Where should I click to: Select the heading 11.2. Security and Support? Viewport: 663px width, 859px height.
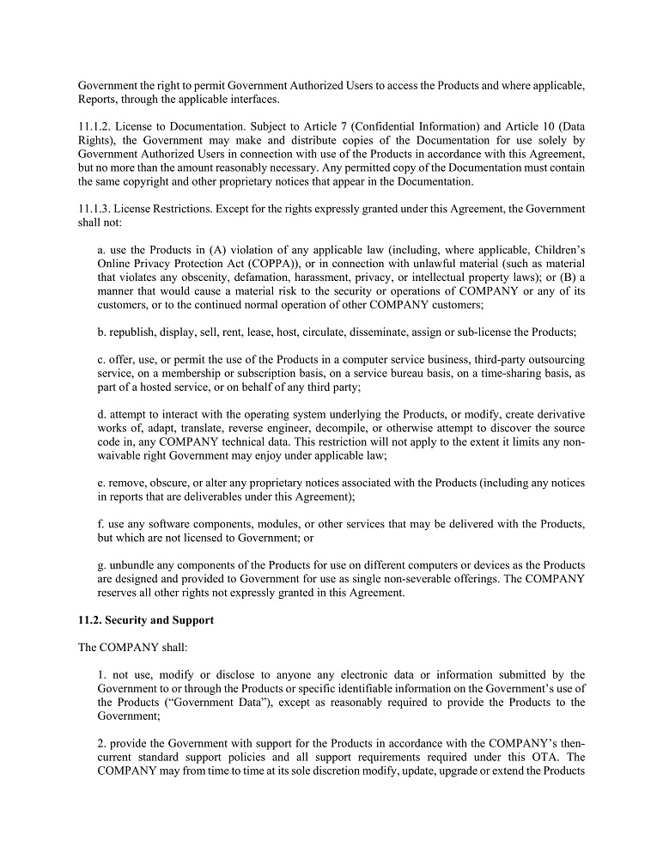click(146, 620)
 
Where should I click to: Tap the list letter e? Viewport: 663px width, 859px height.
click(100, 483)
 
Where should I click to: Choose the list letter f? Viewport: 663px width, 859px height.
click(100, 524)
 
